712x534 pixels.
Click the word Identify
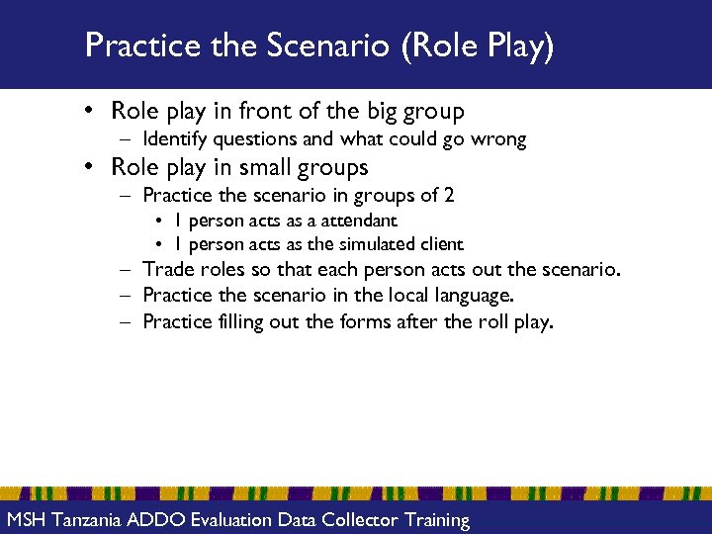pos(175,139)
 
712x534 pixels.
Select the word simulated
pos(377,244)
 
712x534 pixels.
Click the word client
pos(440,244)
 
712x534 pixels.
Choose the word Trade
pos(167,269)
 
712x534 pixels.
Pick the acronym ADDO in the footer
pos(156,520)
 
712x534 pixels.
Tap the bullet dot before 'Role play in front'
pos(90,112)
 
